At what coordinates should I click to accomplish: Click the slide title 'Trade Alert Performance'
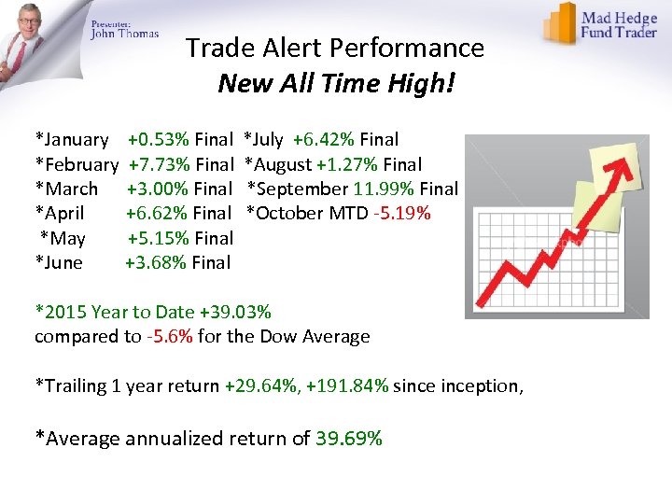point(335,48)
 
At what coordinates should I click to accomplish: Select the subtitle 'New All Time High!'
point(336,84)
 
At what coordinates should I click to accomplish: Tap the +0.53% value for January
point(159,140)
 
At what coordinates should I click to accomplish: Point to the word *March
point(66,189)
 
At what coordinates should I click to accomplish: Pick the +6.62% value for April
point(157,213)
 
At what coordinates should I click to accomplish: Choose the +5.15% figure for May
point(159,238)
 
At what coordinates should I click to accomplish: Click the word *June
point(59,262)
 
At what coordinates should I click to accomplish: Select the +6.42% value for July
point(323,140)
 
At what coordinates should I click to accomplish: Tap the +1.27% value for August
point(347,164)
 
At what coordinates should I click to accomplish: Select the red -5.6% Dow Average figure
point(169,336)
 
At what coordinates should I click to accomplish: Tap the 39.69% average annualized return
point(349,438)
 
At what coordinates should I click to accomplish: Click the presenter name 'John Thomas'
point(125,34)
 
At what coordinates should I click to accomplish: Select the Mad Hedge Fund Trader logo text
point(621,24)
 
